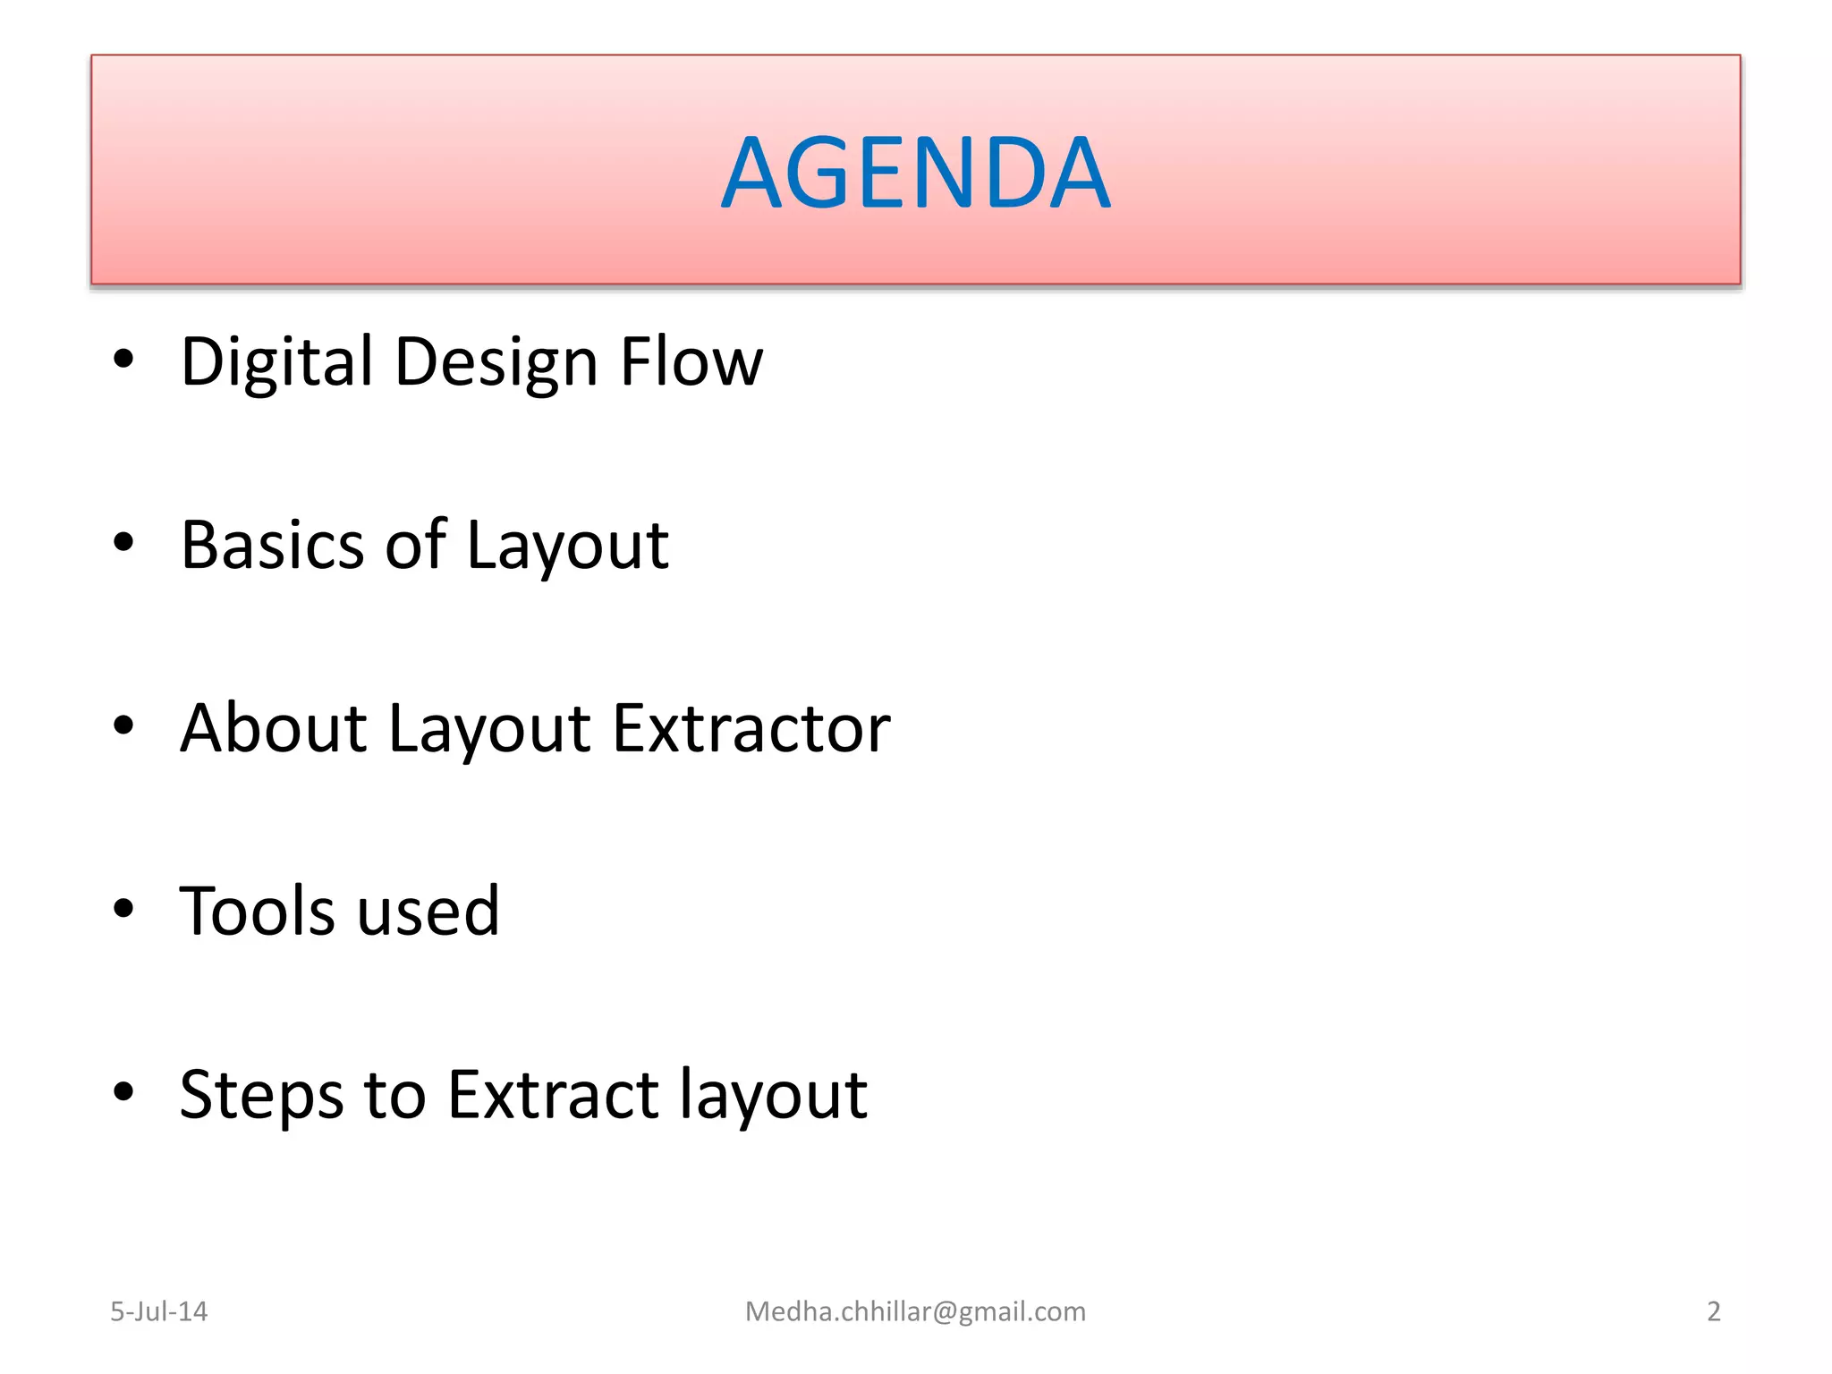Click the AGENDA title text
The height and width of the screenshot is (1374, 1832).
[915, 172]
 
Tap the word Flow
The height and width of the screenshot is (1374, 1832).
[691, 362]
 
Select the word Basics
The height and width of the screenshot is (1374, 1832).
[272, 545]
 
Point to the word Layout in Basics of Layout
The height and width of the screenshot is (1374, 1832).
[567, 547]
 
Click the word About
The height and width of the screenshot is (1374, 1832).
[273, 728]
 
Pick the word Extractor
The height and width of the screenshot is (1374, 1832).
[751, 728]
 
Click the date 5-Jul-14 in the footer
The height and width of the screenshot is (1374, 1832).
[158, 1311]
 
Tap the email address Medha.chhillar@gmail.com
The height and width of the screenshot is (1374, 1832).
[915, 1311]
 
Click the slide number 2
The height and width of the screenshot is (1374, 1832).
[1713, 1311]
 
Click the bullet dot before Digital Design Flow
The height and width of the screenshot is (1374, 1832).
[123, 360]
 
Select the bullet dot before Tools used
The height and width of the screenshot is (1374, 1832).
[123, 909]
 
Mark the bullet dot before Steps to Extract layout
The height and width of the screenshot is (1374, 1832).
[123, 1091]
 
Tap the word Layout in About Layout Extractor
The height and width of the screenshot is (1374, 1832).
[489, 730]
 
